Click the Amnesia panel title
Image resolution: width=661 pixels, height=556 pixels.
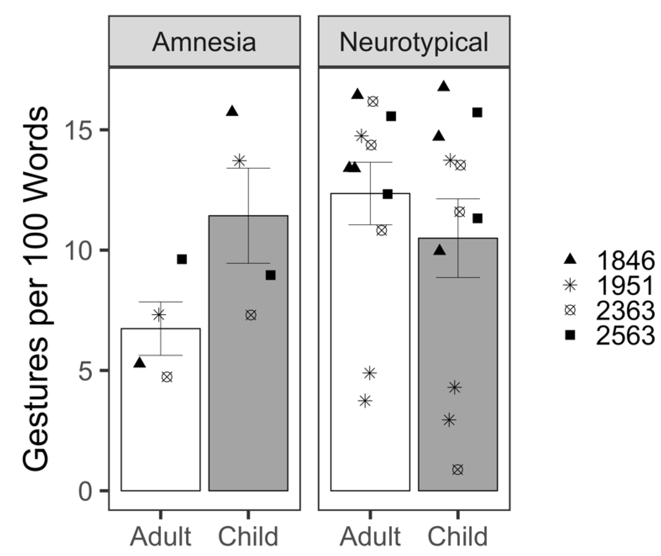pyautogui.click(x=204, y=42)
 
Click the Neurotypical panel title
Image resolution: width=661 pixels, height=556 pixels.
pyautogui.click(x=414, y=42)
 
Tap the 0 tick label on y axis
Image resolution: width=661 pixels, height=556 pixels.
pyautogui.click(x=85, y=491)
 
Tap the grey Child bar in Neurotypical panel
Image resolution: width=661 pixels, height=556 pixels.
pyautogui.click(x=458, y=378)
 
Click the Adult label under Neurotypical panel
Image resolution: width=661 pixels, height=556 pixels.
pyautogui.click(x=370, y=536)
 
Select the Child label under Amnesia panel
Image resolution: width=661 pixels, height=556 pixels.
pyautogui.click(x=248, y=536)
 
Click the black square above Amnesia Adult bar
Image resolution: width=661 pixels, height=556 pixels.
pyautogui.click(x=182, y=259)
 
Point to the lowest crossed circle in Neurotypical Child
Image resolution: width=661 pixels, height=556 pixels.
pyautogui.click(x=458, y=470)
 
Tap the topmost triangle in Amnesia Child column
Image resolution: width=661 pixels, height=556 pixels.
pyautogui.click(x=232, y=111)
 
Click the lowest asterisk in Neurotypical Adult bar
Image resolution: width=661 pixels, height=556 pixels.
pyautogui.click(x=365, y=401)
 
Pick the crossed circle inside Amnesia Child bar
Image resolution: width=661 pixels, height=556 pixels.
pyautogui.click(x=251, y=315)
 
